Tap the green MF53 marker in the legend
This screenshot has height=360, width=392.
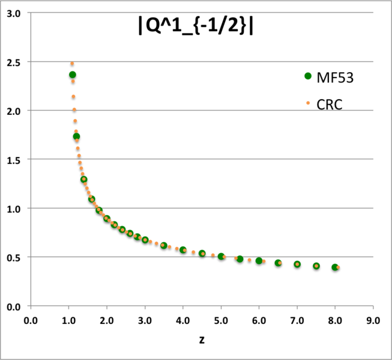[x=309, y=76]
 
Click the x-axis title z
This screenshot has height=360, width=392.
[x=202, y=340]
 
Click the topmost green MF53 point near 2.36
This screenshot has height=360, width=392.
[x=73, y=75]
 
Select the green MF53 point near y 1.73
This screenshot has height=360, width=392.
[x=76, y=136]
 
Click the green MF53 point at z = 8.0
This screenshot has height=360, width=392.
[x=335, y=267]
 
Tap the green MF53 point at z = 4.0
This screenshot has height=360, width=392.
[x=183, y=250]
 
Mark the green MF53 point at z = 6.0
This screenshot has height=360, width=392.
[x=259, y=261]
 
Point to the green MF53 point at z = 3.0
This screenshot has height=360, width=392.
[x=145, y=240]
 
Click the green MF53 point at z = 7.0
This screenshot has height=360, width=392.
[x=297, y=264]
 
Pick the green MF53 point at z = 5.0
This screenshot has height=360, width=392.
[x=221, y=257]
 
